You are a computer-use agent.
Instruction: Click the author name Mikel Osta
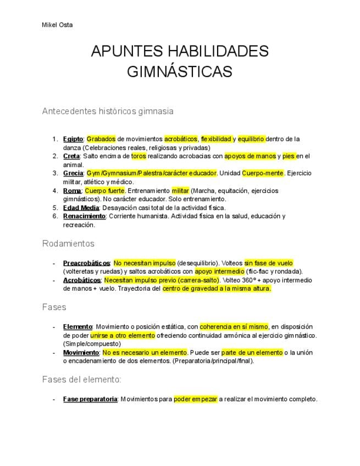pyautogui.click(x=57, y=25)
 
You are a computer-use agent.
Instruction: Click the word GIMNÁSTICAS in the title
pyautogui.click(x=180, y=72)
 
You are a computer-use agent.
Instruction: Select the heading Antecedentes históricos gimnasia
pyautogui.click(x=108, y=111)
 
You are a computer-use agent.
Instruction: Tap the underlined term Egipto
pyautogui.click(x=73, y=139)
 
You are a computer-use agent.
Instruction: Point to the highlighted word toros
pyautogui.click(x=139, y=156)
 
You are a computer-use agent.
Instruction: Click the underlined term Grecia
pyautogui.click(x=73, y=173)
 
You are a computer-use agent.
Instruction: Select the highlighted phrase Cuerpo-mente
pyautogui.click(x=263, y=173)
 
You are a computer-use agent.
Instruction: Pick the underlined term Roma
pyautogui.click(x=72, y=191)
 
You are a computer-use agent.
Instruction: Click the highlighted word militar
pyautogui.click(x=180, y=191)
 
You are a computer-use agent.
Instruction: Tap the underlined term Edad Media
pyautogui.click(x=81, y=208)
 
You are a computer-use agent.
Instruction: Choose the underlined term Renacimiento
pyautogui.click(x=84, y=216)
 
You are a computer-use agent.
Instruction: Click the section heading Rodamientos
pyautogui.click(x=68, y=243)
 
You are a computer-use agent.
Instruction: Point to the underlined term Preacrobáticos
pyautogui.click(x=86, y=263)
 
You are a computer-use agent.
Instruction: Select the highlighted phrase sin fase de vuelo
pyautogui.click(x=268, y=263)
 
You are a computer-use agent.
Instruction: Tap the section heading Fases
pyautogui.click(x=54, y=307)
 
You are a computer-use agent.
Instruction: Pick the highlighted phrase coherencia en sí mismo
pyautogui.click(x=234, y=326)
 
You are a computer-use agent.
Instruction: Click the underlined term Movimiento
pyautogui.click(x=81, y=352)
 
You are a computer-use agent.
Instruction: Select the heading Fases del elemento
pyautogui.click(x=81, y=379)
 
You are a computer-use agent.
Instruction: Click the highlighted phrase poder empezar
pyautogui.click(x=195, y=399)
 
